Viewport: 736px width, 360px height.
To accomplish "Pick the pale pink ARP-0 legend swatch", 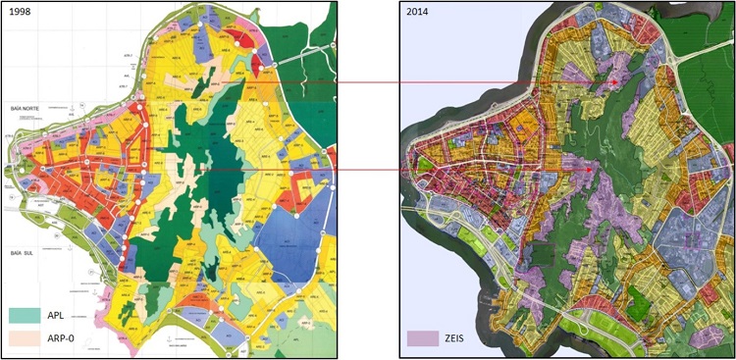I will pos(32,338).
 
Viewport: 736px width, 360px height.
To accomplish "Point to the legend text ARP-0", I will pos(75,338).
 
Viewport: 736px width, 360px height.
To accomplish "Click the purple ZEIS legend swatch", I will pos(423,338).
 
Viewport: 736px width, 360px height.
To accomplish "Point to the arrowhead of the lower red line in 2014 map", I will pos(588,170).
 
